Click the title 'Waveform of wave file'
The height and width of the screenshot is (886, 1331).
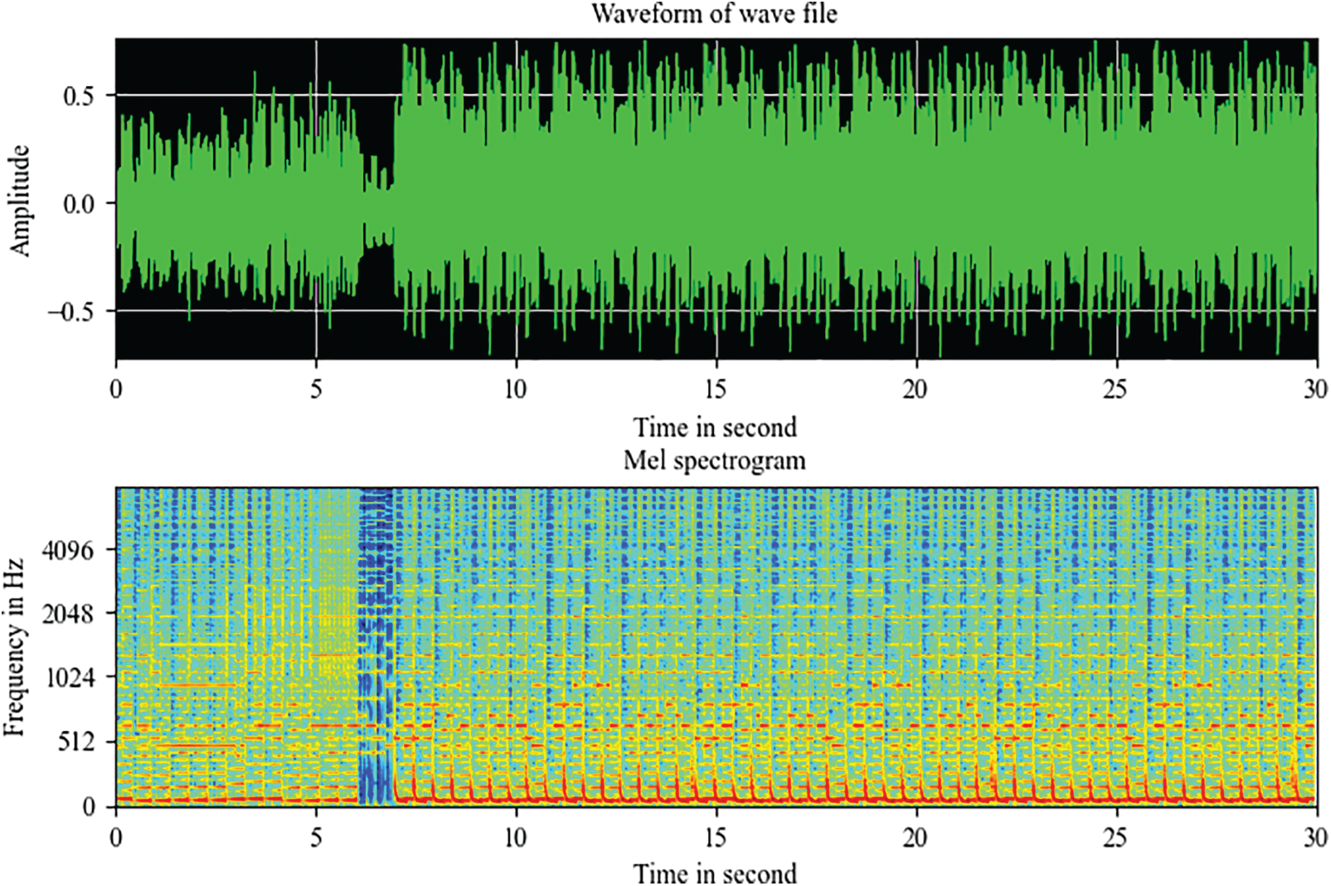pyautogui.click(x=714, y=13)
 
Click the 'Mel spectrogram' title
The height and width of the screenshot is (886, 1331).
pyautogui.click(x=714, y=460)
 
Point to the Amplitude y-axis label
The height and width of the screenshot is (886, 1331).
pyautogui.click(x=19, y=201)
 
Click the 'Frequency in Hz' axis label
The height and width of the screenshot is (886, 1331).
pyautogui.click(x=14, y=648)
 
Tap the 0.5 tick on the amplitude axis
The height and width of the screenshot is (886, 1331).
pyautogui.click(x=79, y=96)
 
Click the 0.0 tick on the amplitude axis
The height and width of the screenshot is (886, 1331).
pyautogui.click(x=79, y=204)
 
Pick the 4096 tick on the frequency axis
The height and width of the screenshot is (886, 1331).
pyautogui.click(x=68, y=550)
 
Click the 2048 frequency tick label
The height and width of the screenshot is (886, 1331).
pyautogui.click(x=68, y=614)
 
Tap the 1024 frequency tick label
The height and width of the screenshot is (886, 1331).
pyautogui.click(x=68, y=678)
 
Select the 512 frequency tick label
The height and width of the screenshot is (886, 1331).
pyautogui.click(x=75, y=742)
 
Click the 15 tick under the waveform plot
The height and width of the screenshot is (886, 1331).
pyautogui.click(x=716, y=389)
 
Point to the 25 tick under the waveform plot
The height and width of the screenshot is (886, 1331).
pyautogui.click(x=1115, y=389)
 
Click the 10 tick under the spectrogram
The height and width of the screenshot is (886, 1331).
pyautogui.click(x=515, y=838)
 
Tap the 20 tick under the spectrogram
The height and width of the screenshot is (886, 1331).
pyautogui.click(x=916, y=838)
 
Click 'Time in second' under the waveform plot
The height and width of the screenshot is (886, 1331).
pyautogui.click(x=715, y=427)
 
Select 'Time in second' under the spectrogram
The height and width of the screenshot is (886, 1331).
pyautogui.click(x=715, y=874)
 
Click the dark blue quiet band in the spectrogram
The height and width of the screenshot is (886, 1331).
pyautogui.click(x=376, y=647)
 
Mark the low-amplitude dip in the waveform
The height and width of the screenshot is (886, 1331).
pyautogui.click(x=378, y=203)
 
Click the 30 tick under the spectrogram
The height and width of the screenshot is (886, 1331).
pyautogui.click(x=1314, y=838)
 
